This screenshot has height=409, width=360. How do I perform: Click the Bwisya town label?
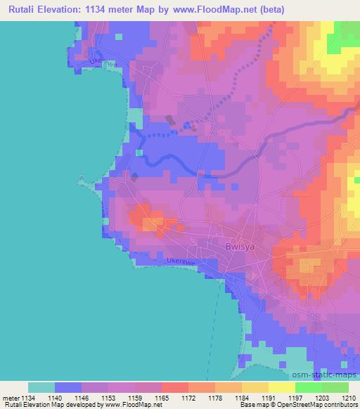click(237, 247)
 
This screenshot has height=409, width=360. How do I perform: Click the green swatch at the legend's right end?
click(335, 387)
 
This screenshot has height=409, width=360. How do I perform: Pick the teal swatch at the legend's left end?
click(41, 387)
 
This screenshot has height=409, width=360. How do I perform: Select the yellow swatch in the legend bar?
click(282, 387)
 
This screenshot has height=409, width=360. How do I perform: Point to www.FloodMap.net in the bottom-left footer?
click(129, 405)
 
